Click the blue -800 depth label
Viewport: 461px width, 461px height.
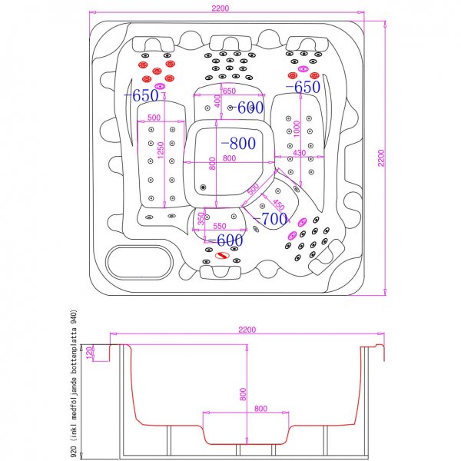coord(238,144)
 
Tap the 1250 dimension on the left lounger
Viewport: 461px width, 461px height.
coord(161,151)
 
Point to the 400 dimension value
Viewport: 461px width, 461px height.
coord(217,101)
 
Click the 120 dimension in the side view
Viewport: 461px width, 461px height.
coord(90,353)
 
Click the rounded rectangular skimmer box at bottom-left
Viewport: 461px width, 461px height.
coord(139,261)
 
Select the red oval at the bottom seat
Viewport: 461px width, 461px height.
coord(225,257)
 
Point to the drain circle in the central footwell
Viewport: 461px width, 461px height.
coord(204,187)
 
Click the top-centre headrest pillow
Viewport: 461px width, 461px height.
coord(227,41)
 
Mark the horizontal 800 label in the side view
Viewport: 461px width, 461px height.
coord(260,408)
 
